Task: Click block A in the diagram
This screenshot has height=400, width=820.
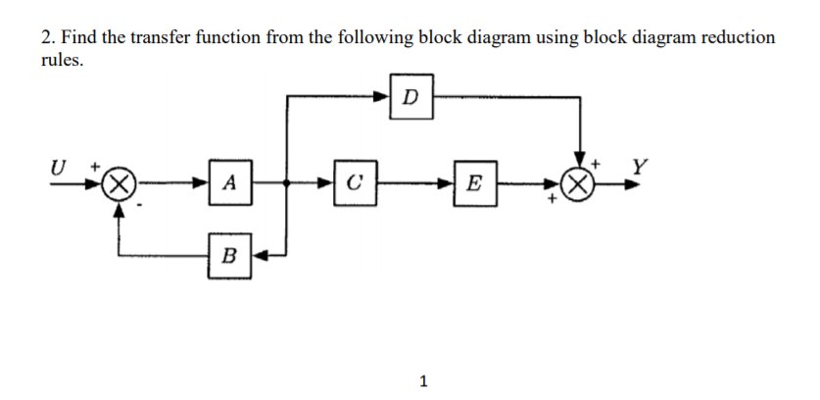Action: click(x=228, y=182)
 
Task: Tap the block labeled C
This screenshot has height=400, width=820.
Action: click(x=354, y=182)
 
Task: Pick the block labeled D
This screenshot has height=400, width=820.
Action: click(x=410, y=96)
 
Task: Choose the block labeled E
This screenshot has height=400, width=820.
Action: click(x=475, y=182)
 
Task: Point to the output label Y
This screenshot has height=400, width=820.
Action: click(x=638, y=166)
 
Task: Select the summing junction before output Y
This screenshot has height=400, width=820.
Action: click(x=579, y=183)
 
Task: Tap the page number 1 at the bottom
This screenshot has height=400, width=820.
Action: click(x=422, y=380)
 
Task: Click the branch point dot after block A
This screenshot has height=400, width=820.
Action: click(x=286, y=183)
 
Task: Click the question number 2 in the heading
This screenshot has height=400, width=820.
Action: click(x=46, y=37)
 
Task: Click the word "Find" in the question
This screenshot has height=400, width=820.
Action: click(x=78, y=37)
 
